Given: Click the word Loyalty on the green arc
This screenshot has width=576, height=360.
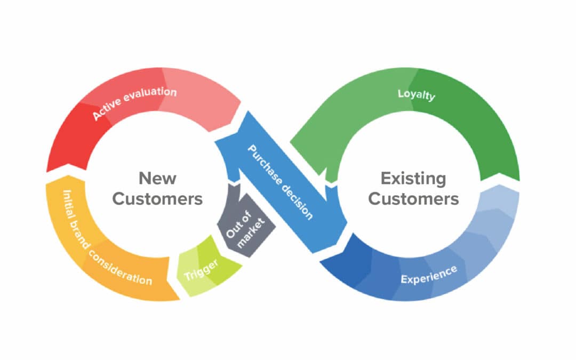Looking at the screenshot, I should [417, 95].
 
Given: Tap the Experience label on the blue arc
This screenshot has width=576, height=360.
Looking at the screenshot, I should [428, 274].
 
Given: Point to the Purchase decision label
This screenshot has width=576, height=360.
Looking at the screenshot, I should [280, 182].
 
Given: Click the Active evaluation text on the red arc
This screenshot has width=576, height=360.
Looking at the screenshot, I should [134, 102].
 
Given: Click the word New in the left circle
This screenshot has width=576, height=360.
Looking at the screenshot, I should [157, 178].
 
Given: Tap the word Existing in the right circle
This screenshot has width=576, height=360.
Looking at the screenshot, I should [413, 178].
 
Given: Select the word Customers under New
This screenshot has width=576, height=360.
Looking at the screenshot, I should [157, 199].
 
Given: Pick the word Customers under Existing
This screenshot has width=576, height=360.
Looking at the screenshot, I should [413, 199].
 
